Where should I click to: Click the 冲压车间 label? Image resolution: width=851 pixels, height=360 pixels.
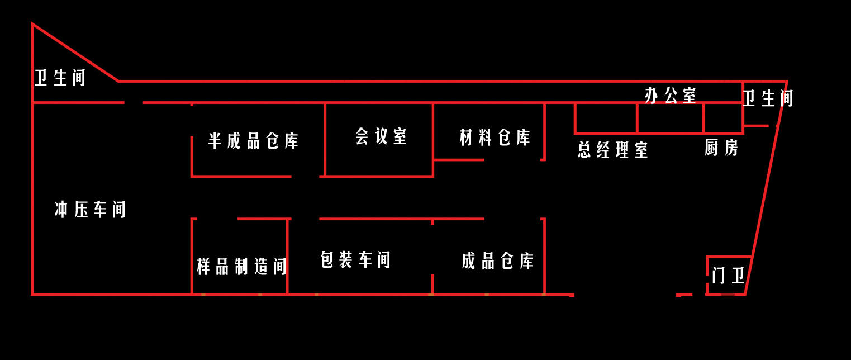[x=90, y=210]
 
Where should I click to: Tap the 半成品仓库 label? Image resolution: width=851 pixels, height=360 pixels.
[x=254, y=141]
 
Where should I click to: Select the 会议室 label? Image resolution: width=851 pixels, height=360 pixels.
[x=381, y=136]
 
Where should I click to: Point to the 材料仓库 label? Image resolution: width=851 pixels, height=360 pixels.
[x=495, y=137]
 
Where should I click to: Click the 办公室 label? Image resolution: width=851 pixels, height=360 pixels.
[x=671, y=95]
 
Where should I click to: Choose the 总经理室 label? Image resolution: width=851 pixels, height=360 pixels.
[x=613, y=149]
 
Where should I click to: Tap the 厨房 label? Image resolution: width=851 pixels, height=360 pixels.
[x=721, y=148]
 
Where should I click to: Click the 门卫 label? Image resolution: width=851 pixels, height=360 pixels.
[x=728, y=275]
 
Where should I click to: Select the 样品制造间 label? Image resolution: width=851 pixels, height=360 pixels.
[x=241, y=266]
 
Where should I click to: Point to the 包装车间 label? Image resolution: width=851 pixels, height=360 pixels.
[x=355, y=260]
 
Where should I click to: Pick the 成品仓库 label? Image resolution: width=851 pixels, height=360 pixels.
[x=498, y=261]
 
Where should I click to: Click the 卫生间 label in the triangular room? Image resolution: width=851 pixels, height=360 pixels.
[x=60, y=78]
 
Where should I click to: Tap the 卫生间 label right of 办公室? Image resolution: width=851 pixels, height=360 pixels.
[x=768, y=98]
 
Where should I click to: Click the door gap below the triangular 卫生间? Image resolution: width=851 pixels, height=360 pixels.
[x=134, y=103]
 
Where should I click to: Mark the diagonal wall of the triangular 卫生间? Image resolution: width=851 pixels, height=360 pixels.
[x=75, y=53]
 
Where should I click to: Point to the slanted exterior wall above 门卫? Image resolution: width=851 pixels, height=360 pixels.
[x=769, y=169]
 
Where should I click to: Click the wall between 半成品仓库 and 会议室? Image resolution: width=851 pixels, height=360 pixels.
[x=325, y=140]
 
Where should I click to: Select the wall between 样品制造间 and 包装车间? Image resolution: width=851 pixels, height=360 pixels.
[x=287, y=257]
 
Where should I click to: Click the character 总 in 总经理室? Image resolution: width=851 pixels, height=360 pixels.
[x=585, y=149]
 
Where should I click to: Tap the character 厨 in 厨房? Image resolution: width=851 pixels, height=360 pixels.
[x=711, y=148]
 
